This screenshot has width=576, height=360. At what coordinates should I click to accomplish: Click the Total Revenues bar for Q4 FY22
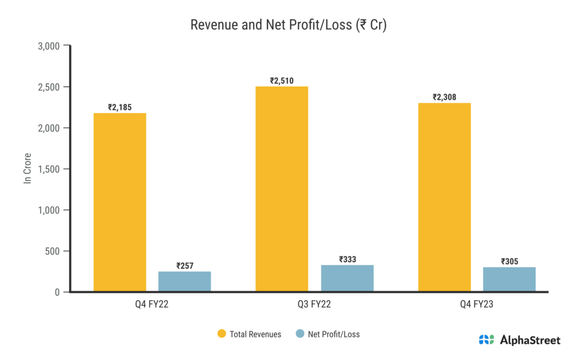(x=120, y=202)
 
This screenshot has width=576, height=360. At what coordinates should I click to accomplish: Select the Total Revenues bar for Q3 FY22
(x=282, y=189)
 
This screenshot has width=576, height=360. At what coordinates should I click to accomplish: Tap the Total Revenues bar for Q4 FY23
(x=444, y=197)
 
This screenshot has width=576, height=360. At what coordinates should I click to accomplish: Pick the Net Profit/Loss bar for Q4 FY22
(x=184, y=281)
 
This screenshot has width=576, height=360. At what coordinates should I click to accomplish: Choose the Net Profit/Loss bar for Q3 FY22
(x=347, y=278)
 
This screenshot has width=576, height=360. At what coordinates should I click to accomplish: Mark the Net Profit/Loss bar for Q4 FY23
(x=509, y=279)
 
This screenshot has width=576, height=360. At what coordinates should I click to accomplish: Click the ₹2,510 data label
(x=282, y=80)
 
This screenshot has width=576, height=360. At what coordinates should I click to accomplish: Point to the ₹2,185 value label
(x=120, y=107)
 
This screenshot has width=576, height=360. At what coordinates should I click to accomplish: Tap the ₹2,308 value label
(x=444, y=97)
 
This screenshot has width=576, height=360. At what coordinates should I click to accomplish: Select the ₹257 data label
(x=184, y=265)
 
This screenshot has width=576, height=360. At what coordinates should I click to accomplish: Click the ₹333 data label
(x=347, y=259)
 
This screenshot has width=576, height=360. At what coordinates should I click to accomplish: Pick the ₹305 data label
(x=509, y=261)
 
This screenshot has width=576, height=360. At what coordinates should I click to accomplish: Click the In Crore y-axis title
(x=26, y=168)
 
